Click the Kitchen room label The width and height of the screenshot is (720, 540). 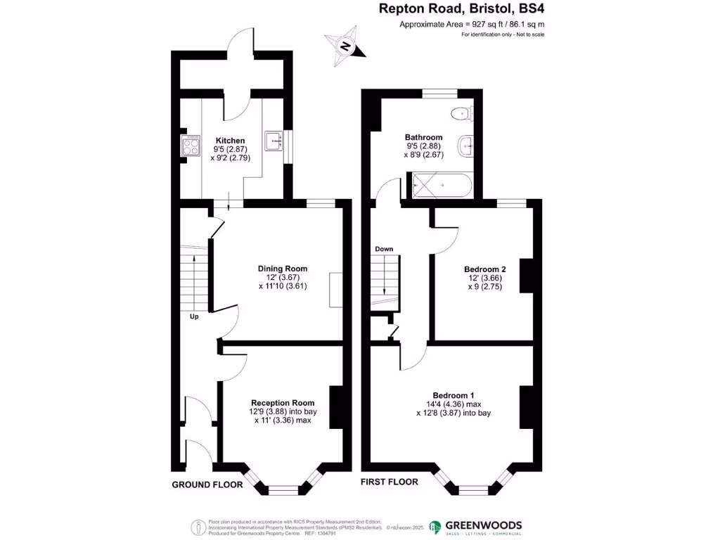coord(230,141)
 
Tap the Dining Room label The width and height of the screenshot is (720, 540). coord(283,269)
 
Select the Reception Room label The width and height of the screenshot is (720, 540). coord(283,402)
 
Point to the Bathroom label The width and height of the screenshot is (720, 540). coord(423,137)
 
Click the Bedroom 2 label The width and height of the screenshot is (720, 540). coord(485,269)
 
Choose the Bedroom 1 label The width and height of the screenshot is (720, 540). coord(453,394)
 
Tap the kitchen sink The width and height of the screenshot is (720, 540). coord(274,141)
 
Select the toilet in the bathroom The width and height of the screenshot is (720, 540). coord(463,111)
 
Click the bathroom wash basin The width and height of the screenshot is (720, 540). coord(465,146)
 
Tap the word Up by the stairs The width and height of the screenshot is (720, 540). coord(194,316)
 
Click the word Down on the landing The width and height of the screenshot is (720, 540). coord(384,249)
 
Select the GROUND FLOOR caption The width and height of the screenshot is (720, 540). coord(207,485)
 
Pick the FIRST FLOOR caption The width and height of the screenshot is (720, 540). coord(389,482)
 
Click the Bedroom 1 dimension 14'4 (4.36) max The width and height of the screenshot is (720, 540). coord(454,404)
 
